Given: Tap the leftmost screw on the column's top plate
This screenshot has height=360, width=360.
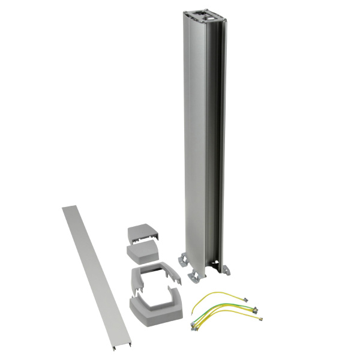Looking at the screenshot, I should (x=196, y=12).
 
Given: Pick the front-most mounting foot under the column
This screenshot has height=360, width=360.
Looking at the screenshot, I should (x=196, y=275).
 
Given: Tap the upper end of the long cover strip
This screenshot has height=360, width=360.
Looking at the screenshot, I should (x=68, y=210).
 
